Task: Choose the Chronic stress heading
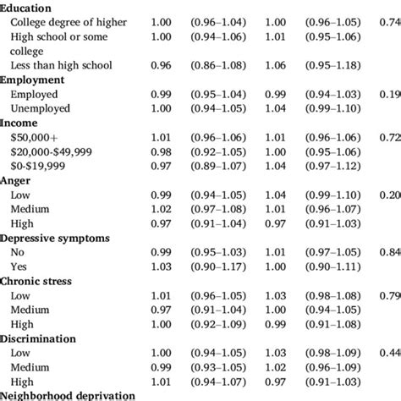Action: (x=41, y=281)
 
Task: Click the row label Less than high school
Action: (x=58, y=64)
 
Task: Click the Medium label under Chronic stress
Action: (x=30, y=310)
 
